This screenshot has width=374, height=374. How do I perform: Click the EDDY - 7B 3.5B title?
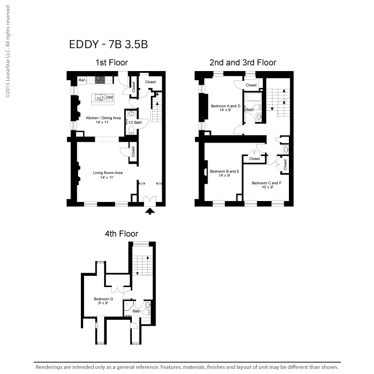tap(108, 44)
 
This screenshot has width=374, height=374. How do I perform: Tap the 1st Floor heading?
tap(112, 63)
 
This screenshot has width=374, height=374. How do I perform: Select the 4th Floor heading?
tap(122, 233)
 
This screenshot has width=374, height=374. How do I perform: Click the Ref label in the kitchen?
tap(82, 80)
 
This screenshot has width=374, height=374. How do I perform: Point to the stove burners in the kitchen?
tap(100, 80)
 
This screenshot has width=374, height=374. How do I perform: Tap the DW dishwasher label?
tap(109, 97)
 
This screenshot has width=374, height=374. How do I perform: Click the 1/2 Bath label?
tap(135, 122)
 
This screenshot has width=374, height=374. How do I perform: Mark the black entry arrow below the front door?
tap(150, 211)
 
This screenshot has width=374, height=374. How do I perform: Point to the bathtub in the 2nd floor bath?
tap(253, 97)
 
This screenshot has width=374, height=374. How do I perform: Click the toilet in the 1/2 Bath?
tap(131, 130)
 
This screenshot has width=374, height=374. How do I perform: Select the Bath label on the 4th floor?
tap(137, 311)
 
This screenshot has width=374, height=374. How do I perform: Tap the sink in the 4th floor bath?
tap(148, 305)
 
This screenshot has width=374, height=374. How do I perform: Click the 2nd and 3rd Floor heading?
tap(243, 63)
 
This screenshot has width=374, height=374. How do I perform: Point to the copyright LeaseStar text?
tap(8, 51)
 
